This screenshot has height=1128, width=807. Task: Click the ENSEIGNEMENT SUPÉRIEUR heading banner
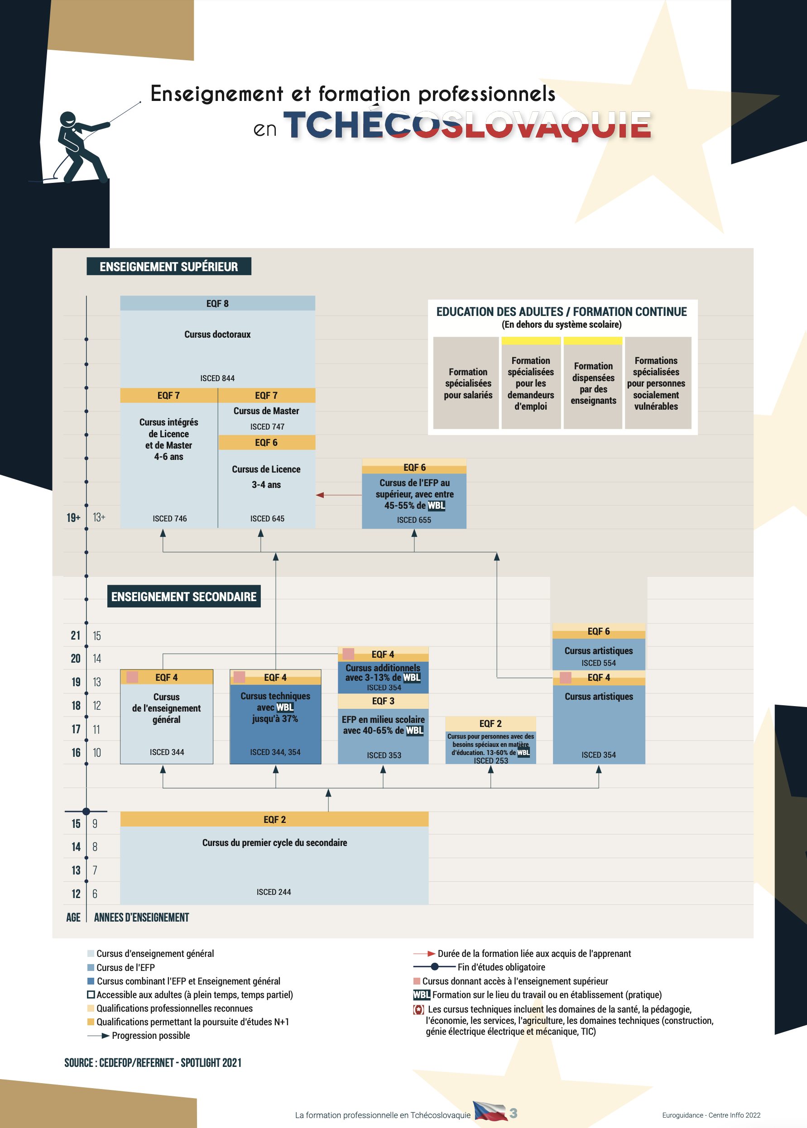(168, 266)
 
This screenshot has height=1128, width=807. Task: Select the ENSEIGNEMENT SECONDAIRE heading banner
(184, 596)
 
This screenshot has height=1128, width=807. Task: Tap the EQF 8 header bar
(218, 303)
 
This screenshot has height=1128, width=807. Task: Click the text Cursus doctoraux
(218, 334)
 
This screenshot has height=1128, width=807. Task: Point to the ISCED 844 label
(218, 378)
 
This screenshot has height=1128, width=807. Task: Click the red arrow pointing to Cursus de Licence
(339, 495)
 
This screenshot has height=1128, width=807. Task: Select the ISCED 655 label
(414, 520)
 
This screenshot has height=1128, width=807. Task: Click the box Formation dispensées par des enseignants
(593, 383)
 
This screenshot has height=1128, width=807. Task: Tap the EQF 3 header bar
(383, 701)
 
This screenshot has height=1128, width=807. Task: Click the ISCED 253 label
(491, 760)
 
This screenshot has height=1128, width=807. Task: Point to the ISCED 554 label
(599, 663)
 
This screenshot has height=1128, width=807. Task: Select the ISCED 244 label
(274, 892)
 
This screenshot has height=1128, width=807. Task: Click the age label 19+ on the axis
(73, 517)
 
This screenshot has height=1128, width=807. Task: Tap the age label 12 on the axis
(76, 894)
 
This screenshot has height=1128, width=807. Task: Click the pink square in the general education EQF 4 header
(132, 677)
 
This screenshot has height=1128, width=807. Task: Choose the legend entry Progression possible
(139, 1035)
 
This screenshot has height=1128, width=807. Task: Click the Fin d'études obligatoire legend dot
(435, 966)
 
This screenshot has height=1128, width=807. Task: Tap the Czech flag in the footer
(490, 1111)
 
